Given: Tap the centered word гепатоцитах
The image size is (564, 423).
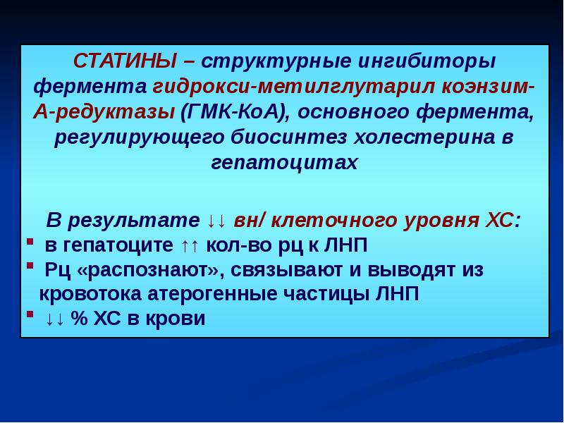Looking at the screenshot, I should (284, 162).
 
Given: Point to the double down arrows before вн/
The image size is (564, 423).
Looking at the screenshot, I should (216, 221).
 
